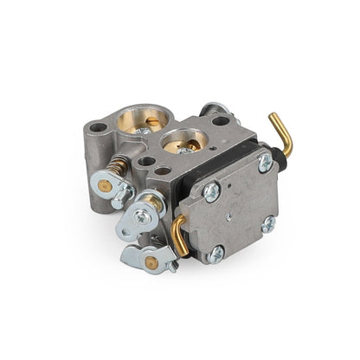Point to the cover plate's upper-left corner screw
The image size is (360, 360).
(212, 192)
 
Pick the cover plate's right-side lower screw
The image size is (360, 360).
(268, 223)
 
